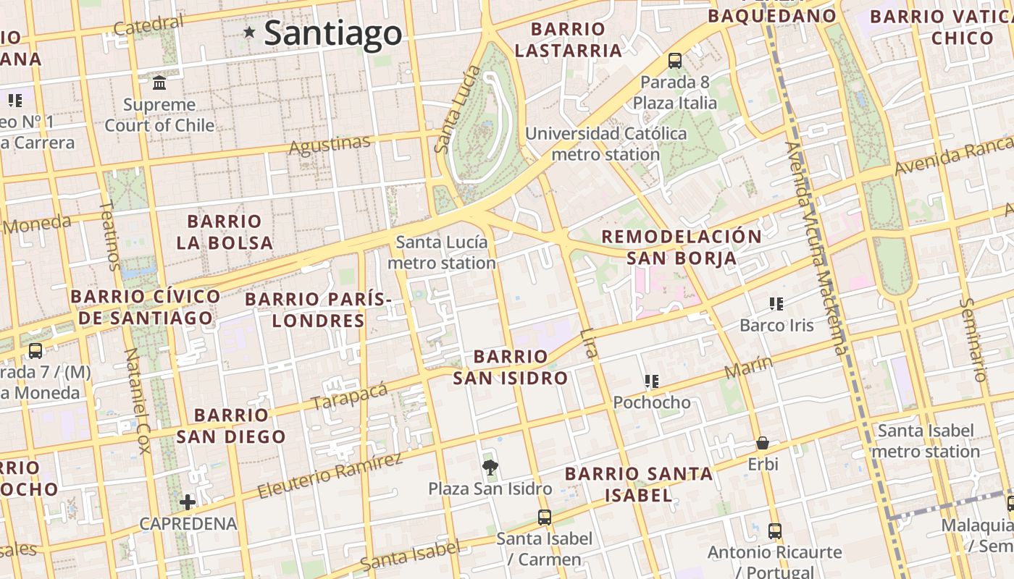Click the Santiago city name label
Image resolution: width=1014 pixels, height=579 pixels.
point(332,33)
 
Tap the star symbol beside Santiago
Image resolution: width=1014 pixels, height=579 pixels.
point(250,32)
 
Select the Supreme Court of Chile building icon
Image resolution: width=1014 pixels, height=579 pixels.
point(159,83)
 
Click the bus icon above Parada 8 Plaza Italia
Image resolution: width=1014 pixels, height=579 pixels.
point(675,61)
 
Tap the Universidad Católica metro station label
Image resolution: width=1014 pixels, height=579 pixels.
point(606,144)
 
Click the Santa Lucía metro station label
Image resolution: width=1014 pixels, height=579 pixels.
point(442,253)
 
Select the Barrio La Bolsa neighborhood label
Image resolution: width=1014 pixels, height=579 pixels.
point(225,232)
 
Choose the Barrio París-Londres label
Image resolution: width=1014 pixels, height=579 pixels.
point(318,310)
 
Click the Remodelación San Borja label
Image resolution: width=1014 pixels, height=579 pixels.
point(682,247)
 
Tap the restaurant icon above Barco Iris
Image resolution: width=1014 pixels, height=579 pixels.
point(776,304)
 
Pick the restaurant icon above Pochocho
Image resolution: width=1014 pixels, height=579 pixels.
point(651,381)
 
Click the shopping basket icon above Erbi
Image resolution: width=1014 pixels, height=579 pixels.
point(762,443)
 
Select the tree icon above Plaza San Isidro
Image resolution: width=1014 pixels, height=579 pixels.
point(490,467)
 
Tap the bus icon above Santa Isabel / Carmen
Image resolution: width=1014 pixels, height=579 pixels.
point(545,517)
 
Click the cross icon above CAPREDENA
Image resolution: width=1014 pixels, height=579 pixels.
point(188,502)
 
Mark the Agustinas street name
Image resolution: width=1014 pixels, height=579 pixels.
point(330,145)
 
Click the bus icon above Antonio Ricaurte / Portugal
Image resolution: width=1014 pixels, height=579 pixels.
point(775,531)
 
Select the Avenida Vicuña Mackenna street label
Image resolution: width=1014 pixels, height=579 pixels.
point(816,246)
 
